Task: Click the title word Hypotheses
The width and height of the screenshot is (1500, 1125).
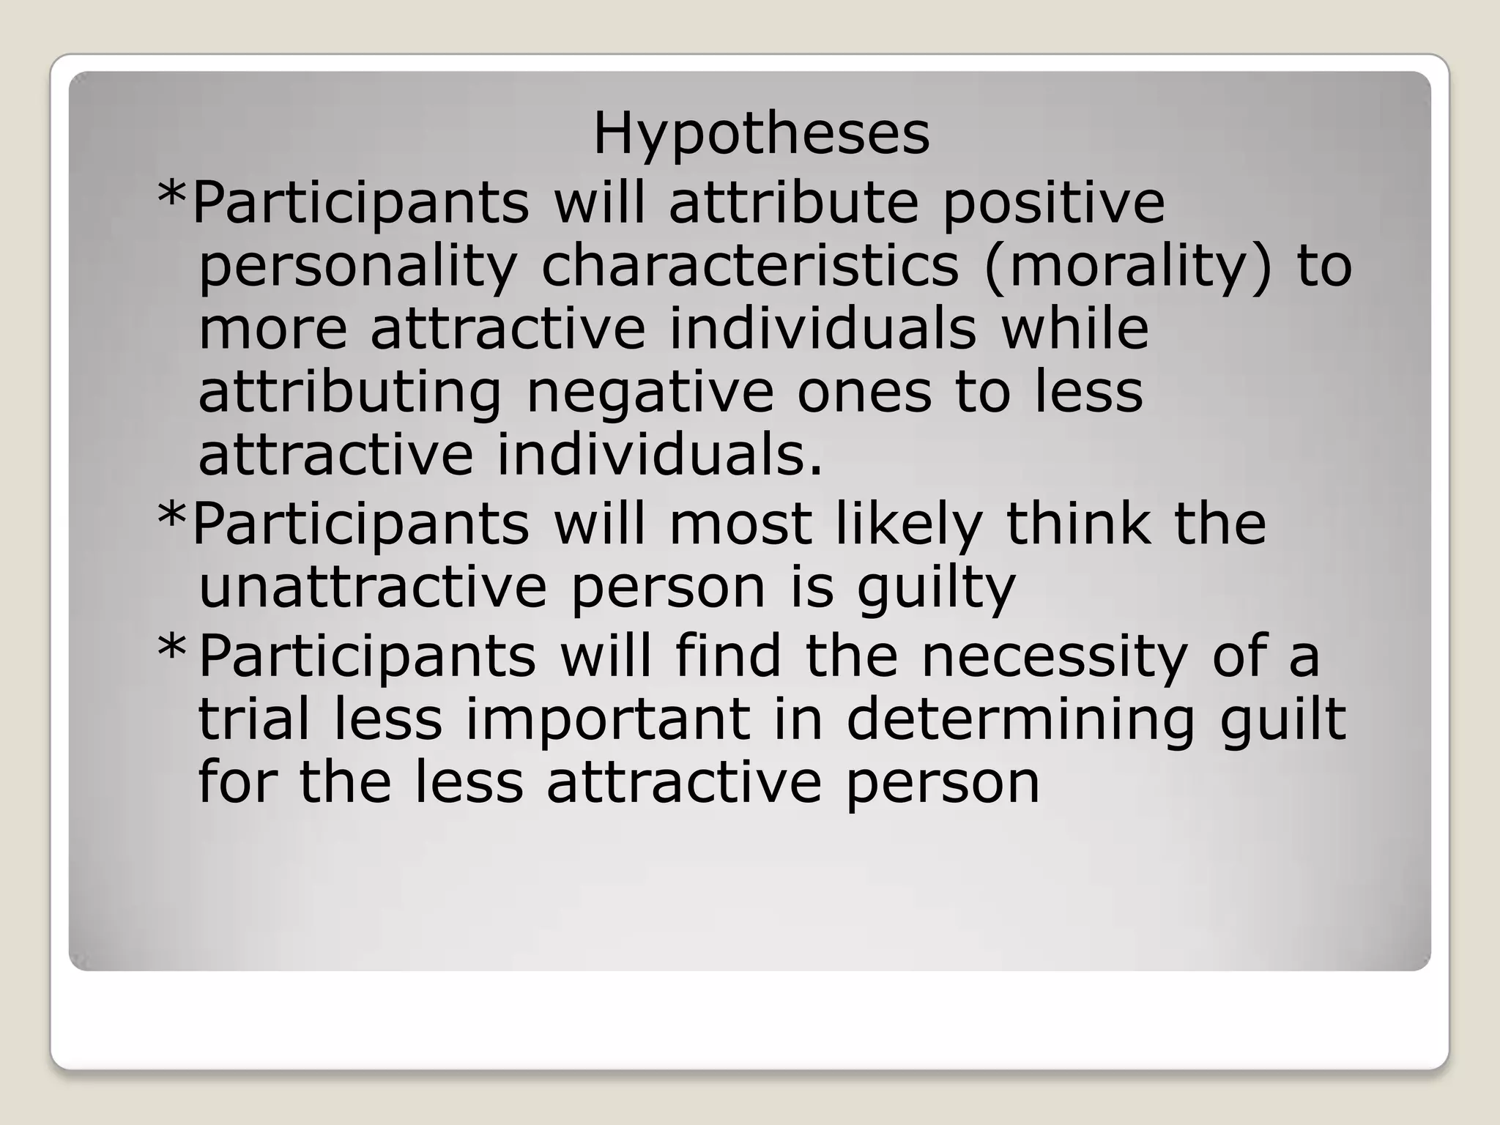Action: coord(761,136)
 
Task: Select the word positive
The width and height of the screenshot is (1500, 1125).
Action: coord(1053,204)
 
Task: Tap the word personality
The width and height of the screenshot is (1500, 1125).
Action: coord(358,268)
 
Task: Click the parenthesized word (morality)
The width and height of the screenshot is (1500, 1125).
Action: coord(1129,268)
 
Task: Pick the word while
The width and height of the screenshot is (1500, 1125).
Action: coord(1074,329)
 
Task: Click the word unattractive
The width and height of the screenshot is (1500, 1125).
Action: coord(373,587)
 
